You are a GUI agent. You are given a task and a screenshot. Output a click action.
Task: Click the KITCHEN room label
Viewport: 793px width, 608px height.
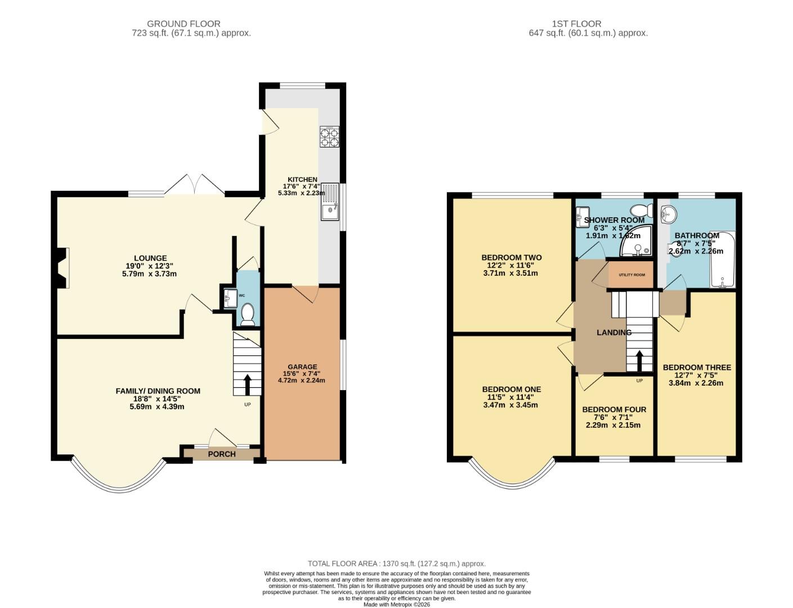302,180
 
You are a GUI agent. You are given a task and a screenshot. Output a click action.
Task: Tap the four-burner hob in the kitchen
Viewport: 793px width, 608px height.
329,137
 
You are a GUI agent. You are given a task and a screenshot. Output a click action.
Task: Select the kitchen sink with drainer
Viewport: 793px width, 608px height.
329,202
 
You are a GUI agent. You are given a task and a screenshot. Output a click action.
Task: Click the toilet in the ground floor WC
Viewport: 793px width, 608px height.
247,314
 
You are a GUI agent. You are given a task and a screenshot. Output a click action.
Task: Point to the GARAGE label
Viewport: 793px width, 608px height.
303,366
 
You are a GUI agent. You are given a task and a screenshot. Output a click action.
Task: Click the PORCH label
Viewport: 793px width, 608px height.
222,454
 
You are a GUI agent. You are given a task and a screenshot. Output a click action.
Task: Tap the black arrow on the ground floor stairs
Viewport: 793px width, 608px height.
247,385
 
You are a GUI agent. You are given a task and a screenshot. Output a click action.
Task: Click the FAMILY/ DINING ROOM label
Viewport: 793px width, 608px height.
158,391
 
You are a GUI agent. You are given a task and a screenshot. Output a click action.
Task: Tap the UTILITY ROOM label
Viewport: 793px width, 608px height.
631,275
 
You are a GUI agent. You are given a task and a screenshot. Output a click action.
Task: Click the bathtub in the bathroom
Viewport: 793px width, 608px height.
723,260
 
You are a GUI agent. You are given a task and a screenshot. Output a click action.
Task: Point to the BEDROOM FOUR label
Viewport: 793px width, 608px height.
614,409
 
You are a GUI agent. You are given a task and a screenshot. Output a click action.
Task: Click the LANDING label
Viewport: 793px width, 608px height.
614,332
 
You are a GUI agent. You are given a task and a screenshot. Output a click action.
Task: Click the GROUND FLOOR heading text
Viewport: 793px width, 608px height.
183,24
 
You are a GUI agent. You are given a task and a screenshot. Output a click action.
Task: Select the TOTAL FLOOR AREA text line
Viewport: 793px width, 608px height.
396,563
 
